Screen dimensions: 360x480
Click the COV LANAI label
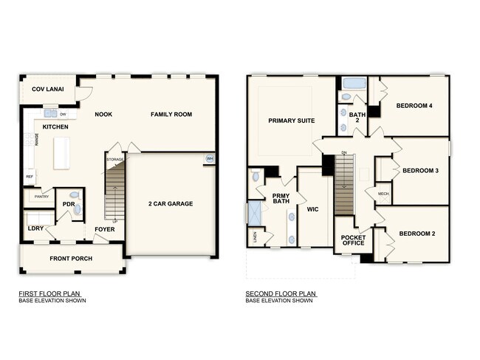pyautogui.click(x=47, y=90)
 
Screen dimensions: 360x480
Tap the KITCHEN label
pyautogui.click(x=55, y=127)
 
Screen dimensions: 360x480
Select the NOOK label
pyautogui.click(x=103, y=114)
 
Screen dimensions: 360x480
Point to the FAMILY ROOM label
pyautogui.click(x=171, y=114)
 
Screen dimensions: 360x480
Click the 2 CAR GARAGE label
pyautogui.click(x=171, y=203)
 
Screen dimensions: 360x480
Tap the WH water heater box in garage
pyautogui.click(x=209, y=159)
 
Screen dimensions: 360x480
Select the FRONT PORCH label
pyautogui.click(x=70, y=259)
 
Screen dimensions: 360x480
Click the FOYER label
pyautogui.click(x=104, y=229)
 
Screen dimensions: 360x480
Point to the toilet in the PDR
pyautogui.click(x=78, y=210)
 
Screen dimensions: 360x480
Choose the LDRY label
pyautogui.click(x=35, y=229)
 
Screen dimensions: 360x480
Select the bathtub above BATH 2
pyautogui.click(x=352, y=84)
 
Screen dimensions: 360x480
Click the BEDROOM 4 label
pyautogui.click(x=414, y=106)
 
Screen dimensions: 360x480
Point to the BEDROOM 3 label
pyautogui.click(x=420, y=171)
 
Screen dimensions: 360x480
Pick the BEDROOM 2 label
pyautogui.click(x=417, y=234)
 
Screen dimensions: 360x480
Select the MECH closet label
pyautogui.click(x=383, y=194)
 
